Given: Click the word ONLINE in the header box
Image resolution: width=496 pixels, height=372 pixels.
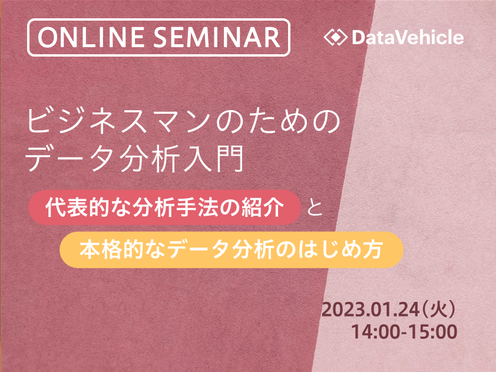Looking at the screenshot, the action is click(x=91, y=37).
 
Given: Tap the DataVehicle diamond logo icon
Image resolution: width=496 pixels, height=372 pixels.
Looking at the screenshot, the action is click(x=336, y=37).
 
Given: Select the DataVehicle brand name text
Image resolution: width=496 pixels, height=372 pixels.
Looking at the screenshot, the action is click(x=408, y=37).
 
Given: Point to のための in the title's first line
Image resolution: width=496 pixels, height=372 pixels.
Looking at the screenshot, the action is click(x=279, y=121).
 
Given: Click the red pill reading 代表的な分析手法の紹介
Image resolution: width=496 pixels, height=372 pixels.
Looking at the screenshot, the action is click(x=164, y=208).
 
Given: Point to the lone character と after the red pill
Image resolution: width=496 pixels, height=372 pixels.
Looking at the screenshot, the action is click(x=315, y=208).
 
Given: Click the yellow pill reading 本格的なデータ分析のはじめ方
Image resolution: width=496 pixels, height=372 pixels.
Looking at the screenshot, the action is click(x=232, y=250).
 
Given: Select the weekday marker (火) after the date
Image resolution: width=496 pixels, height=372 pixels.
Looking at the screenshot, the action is click(x=439, y=310).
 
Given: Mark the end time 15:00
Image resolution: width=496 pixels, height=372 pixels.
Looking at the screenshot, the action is click(x=432, y=332).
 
